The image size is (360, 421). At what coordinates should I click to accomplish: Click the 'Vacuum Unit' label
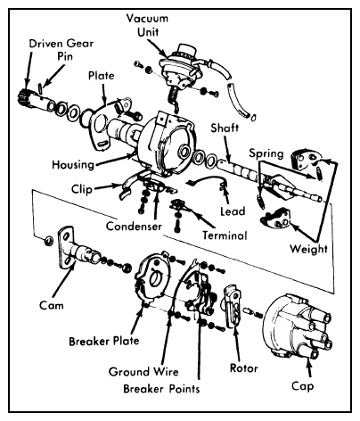(147, 25)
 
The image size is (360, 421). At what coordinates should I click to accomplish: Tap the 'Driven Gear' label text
(61, 44)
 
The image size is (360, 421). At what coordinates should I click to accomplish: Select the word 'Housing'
(73, 164)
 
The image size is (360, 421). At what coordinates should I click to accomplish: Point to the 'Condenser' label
(134, 227)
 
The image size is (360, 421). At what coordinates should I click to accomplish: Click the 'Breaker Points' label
(161, 389)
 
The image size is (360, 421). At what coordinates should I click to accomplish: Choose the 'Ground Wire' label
(143, 372)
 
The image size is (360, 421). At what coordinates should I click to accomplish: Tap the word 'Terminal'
(225, 235)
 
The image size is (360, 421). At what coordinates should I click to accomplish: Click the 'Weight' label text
(308, 249)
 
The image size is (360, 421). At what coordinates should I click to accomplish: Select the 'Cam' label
(52, 305)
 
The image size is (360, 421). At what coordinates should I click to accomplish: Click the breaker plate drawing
(153, 278)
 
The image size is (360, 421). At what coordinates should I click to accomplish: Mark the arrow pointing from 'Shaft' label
(227, 149)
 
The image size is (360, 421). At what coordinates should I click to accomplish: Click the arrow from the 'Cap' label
(309, 367)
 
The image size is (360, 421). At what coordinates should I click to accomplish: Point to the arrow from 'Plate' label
(103, 95)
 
